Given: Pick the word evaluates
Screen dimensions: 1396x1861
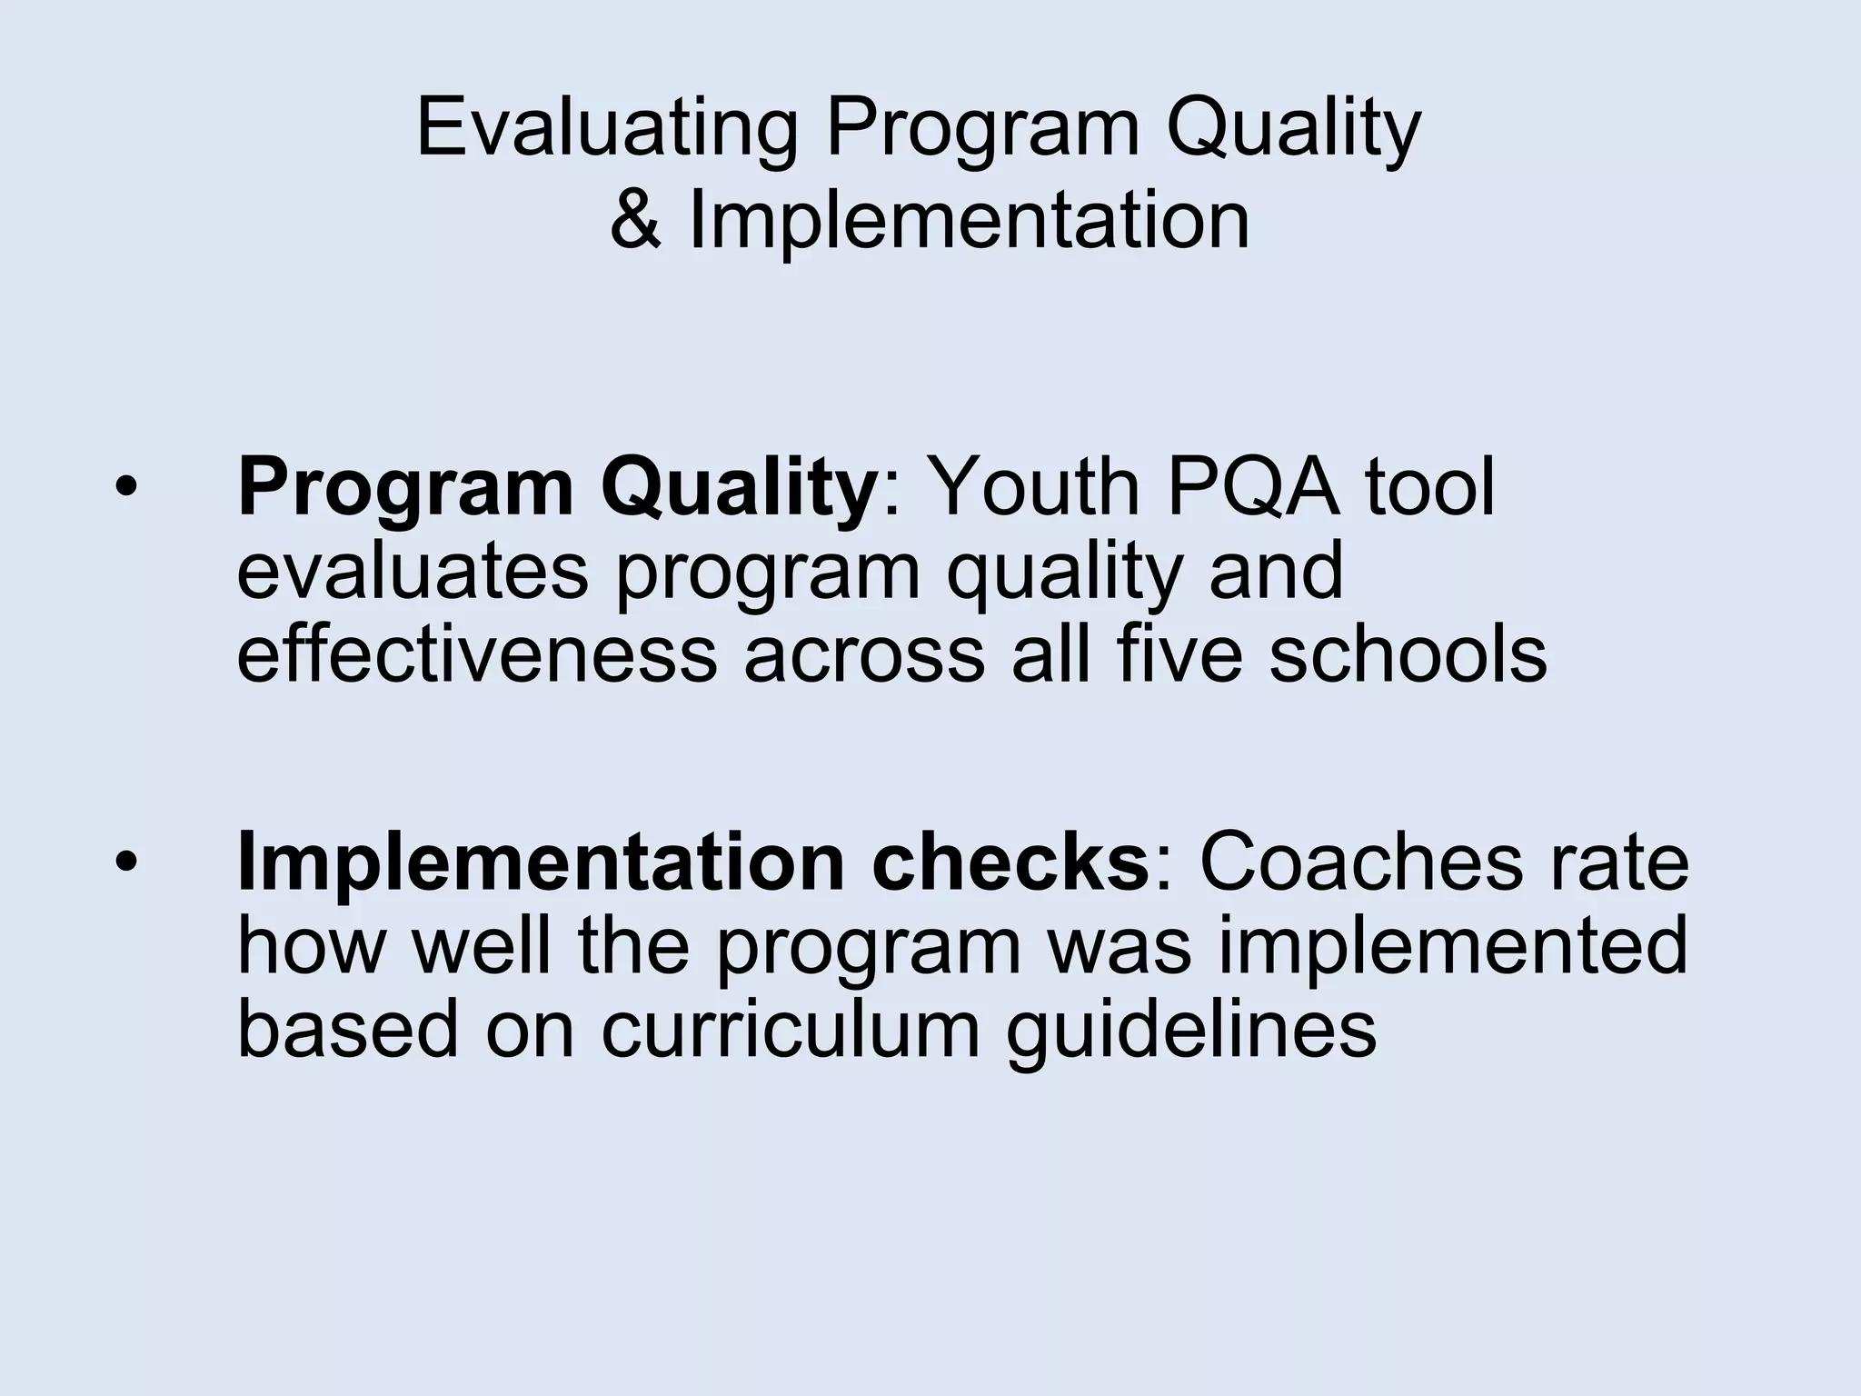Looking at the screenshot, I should [x=413, y=571].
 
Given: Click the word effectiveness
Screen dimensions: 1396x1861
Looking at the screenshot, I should [x=477, y=654].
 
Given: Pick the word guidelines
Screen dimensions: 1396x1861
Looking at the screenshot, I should [x=1191, y=1030].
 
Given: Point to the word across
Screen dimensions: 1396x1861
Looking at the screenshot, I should [x=864, y=654].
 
